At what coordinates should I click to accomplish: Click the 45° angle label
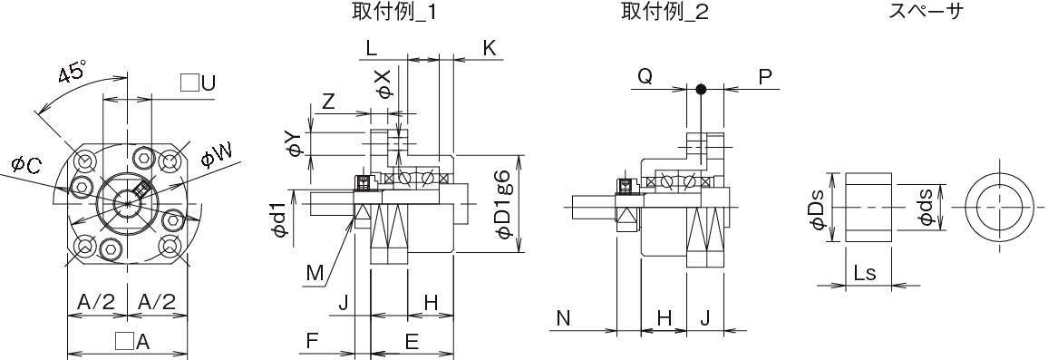[x=72, y=72]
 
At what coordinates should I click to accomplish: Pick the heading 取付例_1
[x=395, y=11]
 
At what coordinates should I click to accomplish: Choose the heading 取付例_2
[x=665, y=11]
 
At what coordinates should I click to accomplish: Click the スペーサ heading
[x=927, y=11]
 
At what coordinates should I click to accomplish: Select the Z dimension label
[x=328, y=102]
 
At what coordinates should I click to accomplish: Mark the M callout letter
[x=315, y=272]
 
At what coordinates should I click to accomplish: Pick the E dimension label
[x=412, y=342]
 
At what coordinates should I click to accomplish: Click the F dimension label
[x=312, y=341]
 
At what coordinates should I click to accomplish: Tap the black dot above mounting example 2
[x=701, y=89]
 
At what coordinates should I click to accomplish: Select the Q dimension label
[x=645, y=77]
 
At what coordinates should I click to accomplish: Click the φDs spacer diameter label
[x=819, y=208]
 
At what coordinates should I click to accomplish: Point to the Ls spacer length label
[x=865, y=273]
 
